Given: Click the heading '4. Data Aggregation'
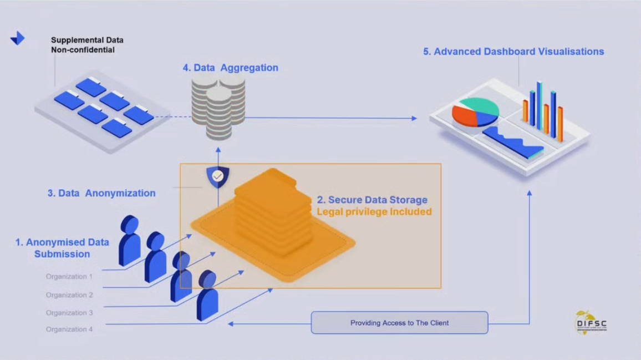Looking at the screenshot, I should [230, 68].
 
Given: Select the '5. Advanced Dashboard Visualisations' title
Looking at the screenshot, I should [513, 52].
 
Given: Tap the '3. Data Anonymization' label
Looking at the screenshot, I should [101, 193].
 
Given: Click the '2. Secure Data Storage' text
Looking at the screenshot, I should [372, 200].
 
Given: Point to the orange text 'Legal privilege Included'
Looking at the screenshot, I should [374, 211].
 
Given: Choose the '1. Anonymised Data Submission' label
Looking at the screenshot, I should [62, 248].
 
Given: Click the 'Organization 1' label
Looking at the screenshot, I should [69, 276].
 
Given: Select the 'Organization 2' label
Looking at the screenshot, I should [69, 295].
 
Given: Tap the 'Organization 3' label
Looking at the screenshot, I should [69, 312].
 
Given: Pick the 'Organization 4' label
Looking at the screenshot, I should [69, 329].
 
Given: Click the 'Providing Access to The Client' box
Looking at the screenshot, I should [399, 322].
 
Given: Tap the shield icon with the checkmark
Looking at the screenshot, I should [217, 176].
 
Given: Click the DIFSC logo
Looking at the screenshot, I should [591, 323].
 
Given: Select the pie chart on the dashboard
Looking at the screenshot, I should [475, 113].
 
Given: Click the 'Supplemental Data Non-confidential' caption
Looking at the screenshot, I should [87, 45].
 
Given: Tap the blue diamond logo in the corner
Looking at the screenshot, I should [18, 38].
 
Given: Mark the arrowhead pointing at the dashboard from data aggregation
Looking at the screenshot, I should [413, 118].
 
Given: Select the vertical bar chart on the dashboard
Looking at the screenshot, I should [543, 111].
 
